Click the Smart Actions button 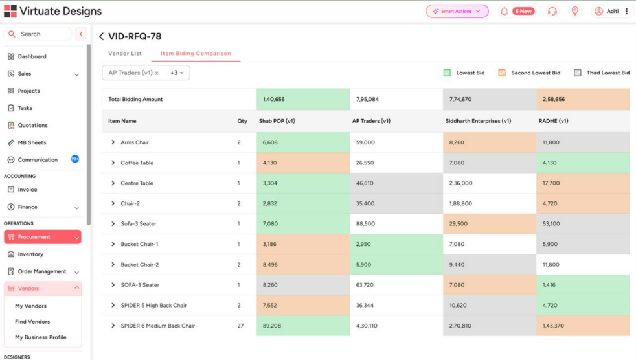457,11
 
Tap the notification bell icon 504,11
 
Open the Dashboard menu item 32,56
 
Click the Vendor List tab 124,54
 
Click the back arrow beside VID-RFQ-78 101,37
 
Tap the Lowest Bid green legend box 447,73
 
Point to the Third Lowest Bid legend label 608,73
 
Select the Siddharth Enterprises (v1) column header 478,121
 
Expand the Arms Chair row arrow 113,142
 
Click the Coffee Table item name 137,163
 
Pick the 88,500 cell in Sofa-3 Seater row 365,224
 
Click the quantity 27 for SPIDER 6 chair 240,326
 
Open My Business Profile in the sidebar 40,337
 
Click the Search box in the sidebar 39,34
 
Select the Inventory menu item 30,254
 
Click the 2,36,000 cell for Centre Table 460,183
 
